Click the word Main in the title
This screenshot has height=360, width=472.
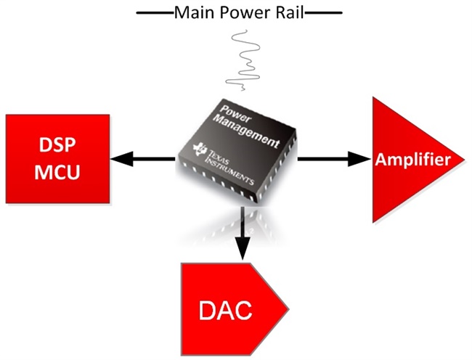[191, 12]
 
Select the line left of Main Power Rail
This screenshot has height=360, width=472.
[153, 12]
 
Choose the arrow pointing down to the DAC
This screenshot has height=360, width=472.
[244, 232]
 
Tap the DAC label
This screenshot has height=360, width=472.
[226, 312]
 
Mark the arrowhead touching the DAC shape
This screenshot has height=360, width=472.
[244, 253]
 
